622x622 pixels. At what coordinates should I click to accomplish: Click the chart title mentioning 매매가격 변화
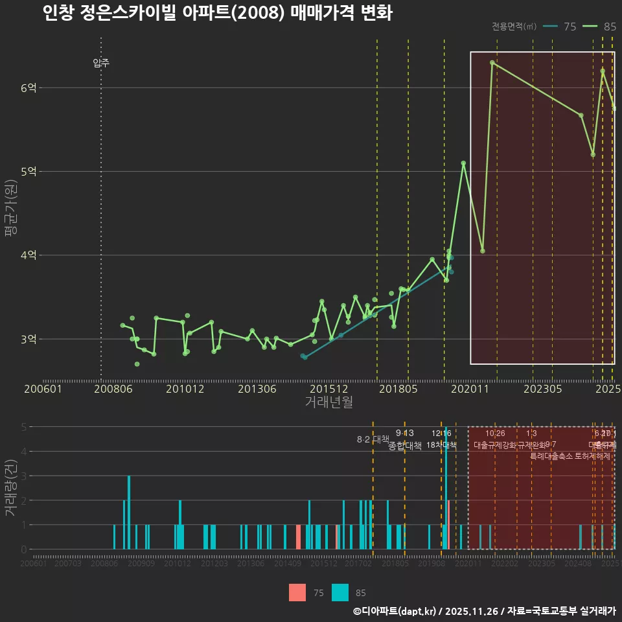click(x=217, y=13)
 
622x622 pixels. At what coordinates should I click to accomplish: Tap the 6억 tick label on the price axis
click(x=28, y=87)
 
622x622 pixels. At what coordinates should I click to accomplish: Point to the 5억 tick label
click(x=28, y=172)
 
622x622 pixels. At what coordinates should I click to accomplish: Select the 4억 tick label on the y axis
click(x=28, y=255)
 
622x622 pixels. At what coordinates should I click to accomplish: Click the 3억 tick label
click(x=28, y=339)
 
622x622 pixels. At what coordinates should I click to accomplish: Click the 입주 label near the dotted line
click(x=101, y=63)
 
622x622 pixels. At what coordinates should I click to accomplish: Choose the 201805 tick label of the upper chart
click(x=398, y=389)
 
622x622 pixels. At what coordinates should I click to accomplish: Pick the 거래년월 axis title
click(x=328, y=402)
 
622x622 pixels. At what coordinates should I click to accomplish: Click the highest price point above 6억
click(x=492, y=62)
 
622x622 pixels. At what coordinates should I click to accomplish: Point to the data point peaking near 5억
click(x=463, y=163)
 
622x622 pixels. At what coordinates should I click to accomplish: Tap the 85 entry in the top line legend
click(x=602, y=27)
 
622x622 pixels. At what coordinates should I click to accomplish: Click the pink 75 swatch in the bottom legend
click(x=297, y=592)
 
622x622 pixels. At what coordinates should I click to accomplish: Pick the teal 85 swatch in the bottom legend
click(x=340, y=592)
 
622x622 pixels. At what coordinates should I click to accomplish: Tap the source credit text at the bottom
click(x=484, y=610)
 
